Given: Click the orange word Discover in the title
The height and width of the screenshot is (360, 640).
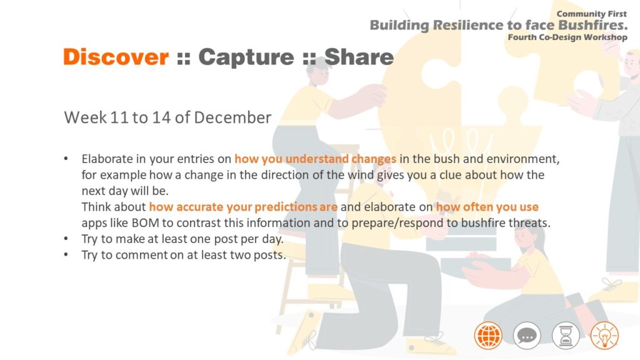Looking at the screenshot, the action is (x=116, y=57).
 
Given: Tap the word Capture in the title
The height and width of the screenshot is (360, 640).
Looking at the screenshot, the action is (x=246, y=57).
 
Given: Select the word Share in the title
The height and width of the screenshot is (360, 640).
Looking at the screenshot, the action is (x=359, y=57).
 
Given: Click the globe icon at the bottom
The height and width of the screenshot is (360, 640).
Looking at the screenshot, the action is (x=488, y=336).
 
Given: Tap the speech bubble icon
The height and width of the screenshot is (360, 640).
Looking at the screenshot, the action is (x=527, y=336).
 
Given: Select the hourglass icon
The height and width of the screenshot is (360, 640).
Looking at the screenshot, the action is (x=566, y=336).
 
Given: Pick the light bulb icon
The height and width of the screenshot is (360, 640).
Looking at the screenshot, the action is (x=604, y=336).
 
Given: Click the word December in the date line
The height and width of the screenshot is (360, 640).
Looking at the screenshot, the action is (x=232, y=117).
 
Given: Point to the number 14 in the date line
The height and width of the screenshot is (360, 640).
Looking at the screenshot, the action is (x=161, y=117).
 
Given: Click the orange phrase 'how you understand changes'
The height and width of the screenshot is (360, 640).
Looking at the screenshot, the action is (x=315, y=159).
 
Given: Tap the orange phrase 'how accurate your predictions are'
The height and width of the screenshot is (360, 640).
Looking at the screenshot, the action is (x=243, y=207).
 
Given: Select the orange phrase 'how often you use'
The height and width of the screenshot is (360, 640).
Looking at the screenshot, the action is (x=487, y=207).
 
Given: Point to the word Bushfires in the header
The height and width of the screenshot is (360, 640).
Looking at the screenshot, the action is (x=592, y=25).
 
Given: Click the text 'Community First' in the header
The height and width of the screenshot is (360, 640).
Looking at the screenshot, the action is (x=591, y=14).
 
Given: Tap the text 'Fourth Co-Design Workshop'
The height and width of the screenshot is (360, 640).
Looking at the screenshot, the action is (x=567, y=37).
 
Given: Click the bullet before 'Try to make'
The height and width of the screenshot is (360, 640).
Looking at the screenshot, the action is (x=66, y=239).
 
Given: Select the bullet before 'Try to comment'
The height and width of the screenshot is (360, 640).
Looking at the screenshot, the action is (x=66, y=255).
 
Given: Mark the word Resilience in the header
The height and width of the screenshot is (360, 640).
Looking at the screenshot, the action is (x=469, y=25).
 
